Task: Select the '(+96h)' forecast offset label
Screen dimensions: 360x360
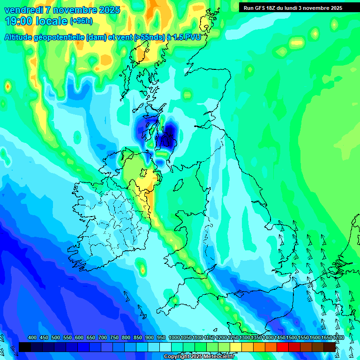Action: coord(82,21)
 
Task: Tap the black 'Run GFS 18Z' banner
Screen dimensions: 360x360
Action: coord(292,7)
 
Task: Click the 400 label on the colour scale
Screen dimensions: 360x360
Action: coord(32,338)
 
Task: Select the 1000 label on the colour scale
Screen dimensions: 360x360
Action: coord(174,338)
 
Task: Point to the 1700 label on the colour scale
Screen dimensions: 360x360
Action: coord(338,338)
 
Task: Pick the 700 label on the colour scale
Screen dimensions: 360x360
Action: coord(103,338)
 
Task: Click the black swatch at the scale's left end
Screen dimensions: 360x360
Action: coord(25,347)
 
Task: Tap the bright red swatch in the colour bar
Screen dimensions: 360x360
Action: coord(283,347)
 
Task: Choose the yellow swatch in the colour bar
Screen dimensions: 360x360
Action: coord(236,347)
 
